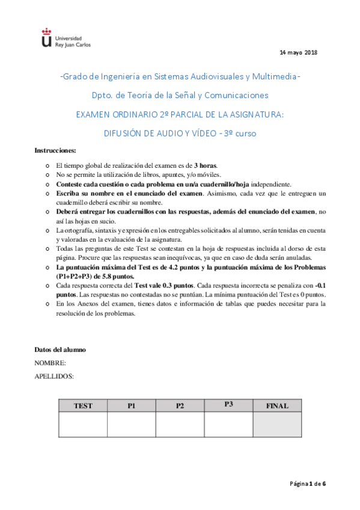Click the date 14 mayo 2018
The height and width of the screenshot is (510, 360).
click(x=299, y=53)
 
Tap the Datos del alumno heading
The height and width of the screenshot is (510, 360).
click(x=59, y=349)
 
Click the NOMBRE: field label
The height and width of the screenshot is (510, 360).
click(x=50, y=363)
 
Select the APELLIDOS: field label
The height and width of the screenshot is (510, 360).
click(x=54, y=376)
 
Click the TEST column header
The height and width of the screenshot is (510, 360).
click(x=83, y=406)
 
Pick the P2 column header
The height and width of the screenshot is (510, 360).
click(x=180, y=406)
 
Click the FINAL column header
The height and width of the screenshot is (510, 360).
click(x=277, y=406)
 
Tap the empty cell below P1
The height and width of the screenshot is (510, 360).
click(x=131, y=425)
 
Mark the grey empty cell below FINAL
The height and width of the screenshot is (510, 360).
click(x=277, y=425)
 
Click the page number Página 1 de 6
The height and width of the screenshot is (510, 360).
click(x=308, y=483)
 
